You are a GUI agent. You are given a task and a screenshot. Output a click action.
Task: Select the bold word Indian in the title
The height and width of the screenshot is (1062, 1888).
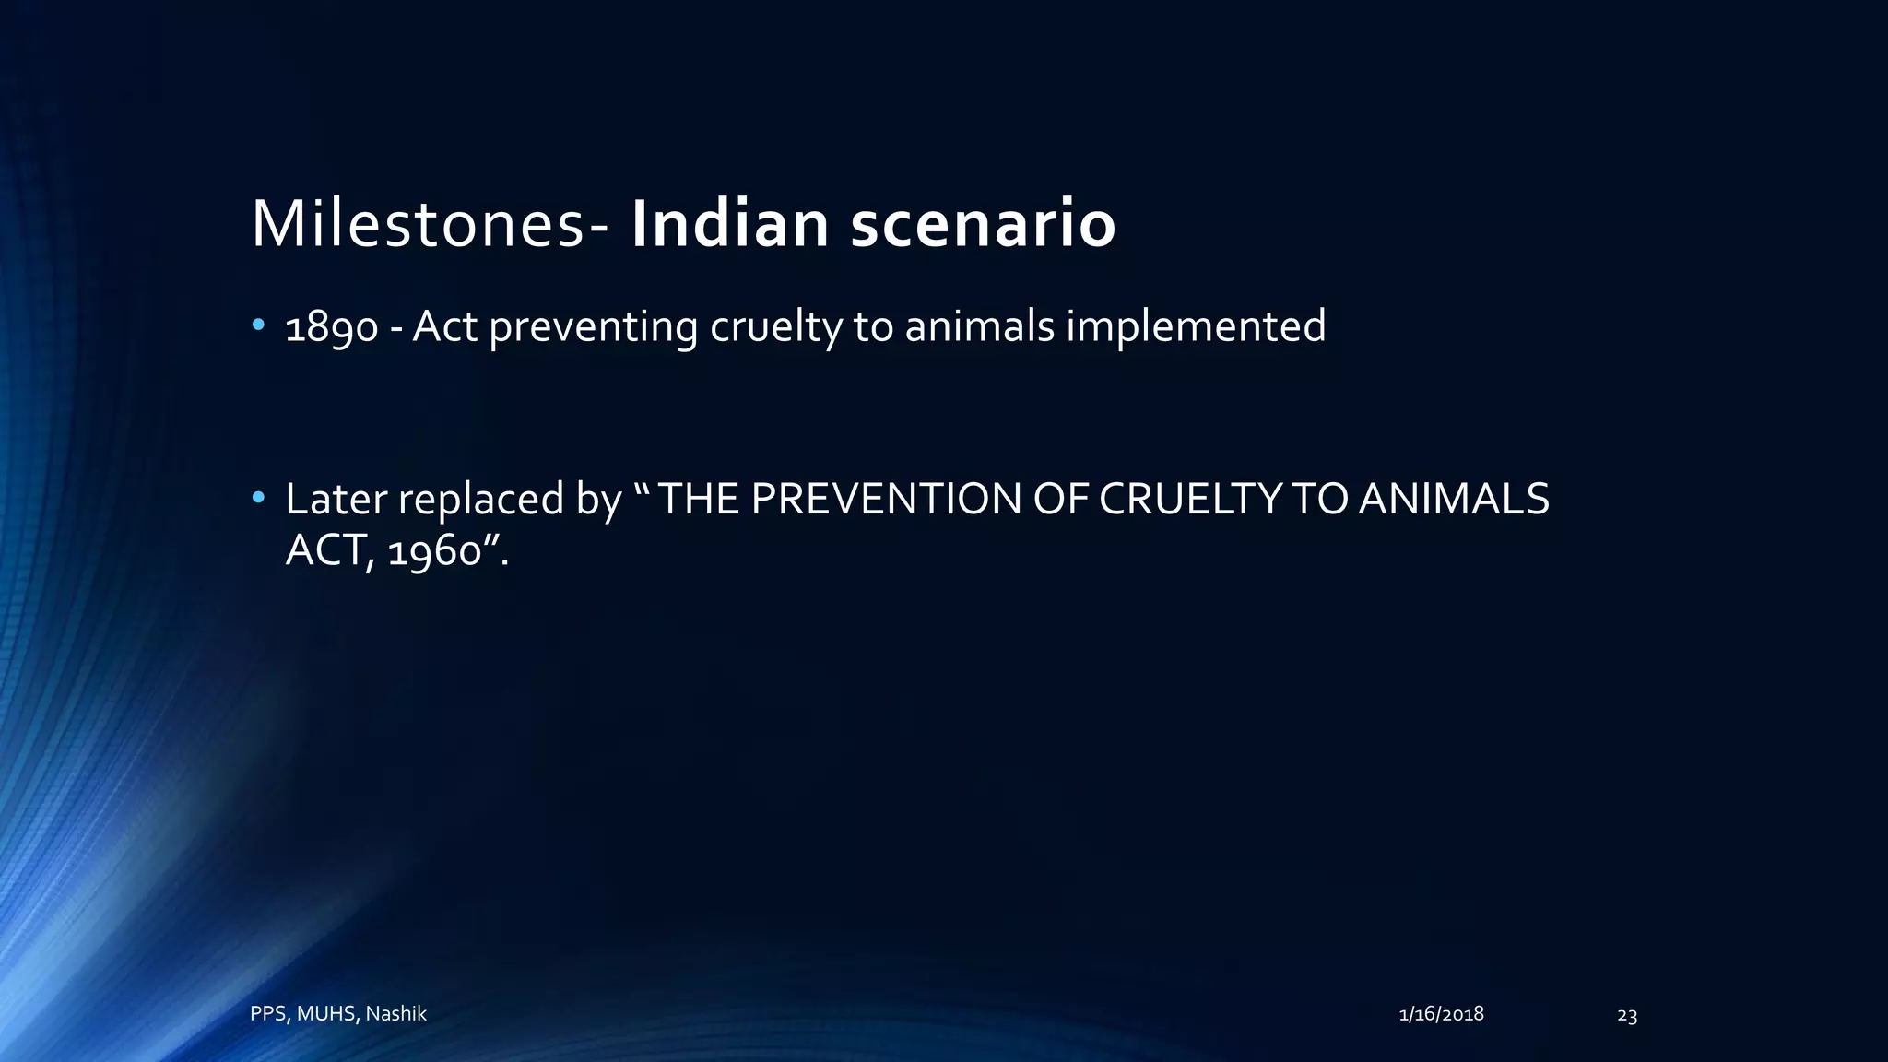coord(729,224)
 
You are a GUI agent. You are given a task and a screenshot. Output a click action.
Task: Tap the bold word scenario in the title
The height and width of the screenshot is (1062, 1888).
coord(983,226)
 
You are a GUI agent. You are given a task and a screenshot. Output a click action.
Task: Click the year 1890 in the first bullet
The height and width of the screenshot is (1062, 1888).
coord(331,328)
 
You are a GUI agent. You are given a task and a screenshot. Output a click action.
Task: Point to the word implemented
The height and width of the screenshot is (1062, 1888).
coord(1196,328)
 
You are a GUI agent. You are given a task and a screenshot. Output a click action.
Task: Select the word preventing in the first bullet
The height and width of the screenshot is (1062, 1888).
coord(593,328)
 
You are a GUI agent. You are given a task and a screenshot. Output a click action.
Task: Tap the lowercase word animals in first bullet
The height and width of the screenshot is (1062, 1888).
coord(979,326)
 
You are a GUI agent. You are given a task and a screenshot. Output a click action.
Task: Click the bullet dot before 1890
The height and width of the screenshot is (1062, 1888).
coord(258,325)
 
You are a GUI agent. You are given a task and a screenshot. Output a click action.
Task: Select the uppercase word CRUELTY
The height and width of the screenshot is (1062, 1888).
coord(1190,499)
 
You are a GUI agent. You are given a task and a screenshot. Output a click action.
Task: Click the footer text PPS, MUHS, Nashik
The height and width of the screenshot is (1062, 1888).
coord(338,1014)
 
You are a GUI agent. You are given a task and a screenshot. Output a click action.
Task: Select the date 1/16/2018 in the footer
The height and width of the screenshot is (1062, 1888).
coord(1441,1014)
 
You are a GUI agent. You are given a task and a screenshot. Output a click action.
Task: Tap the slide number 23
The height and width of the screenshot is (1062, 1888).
coord(1627,1016)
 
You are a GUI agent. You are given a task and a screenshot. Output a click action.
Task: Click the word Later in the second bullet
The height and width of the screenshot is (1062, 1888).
coord(336,499)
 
